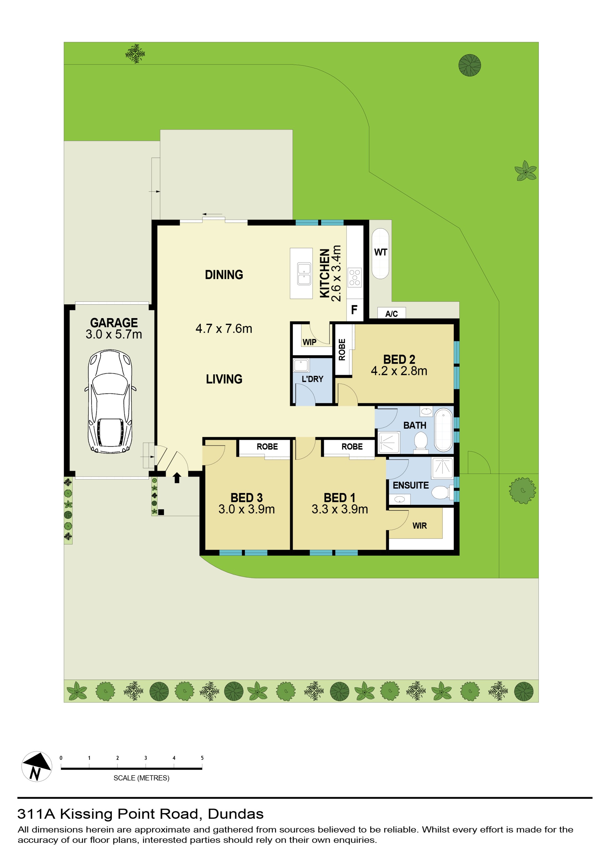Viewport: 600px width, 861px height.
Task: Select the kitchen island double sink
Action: (x=304, y=274)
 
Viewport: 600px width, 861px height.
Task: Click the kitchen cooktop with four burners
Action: (x=354, y=278)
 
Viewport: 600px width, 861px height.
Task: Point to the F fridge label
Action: (x=354, y=310)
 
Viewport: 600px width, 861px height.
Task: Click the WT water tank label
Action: (x=380, y=252)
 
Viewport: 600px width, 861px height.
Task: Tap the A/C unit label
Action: (x=391, y=313)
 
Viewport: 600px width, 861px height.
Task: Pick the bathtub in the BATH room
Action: (x=443, y=430)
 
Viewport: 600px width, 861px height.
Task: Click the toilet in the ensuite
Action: (x=442, y=492)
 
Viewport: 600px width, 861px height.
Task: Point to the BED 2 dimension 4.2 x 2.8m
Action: (x=399, y=371)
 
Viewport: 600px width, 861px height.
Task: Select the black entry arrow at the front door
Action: (x=177, y=477)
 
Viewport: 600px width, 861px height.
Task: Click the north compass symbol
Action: (x=37, y=766)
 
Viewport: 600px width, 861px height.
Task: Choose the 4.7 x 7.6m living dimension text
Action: (x=224, y=328)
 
